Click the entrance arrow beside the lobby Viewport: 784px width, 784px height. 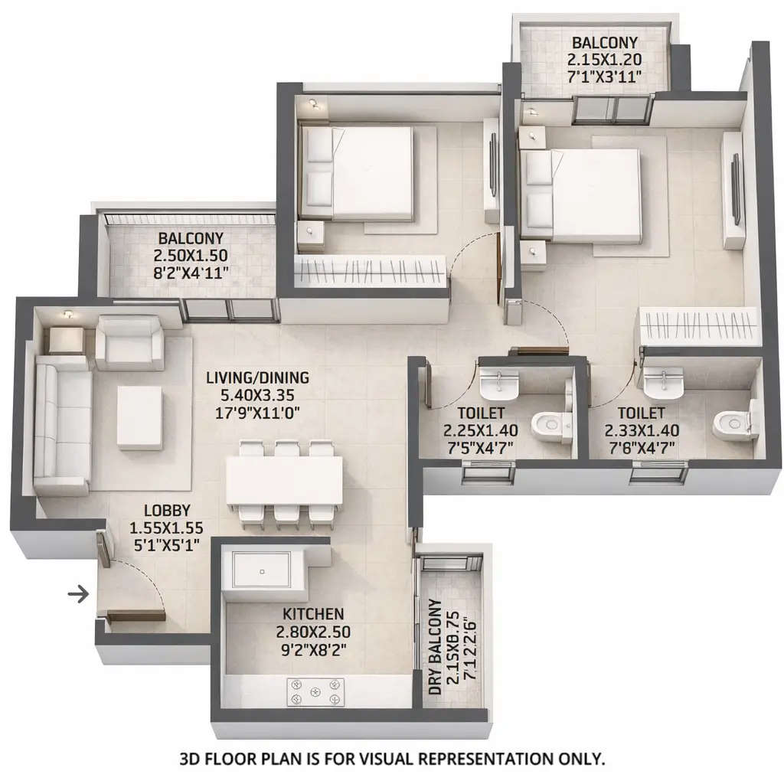77,593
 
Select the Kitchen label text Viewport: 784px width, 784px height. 312,614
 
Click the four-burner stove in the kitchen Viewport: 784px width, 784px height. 313,692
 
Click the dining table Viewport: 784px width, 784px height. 283,480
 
